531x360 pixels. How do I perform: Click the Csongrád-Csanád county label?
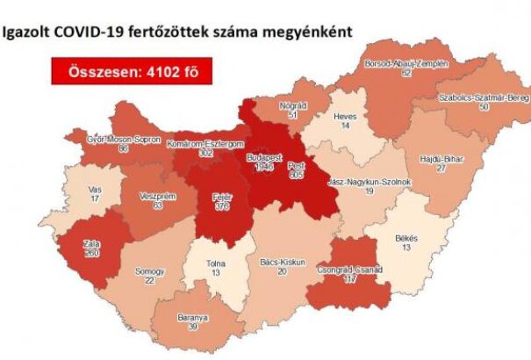click(353, 271)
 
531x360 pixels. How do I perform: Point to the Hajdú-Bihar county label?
click(440, 160)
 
